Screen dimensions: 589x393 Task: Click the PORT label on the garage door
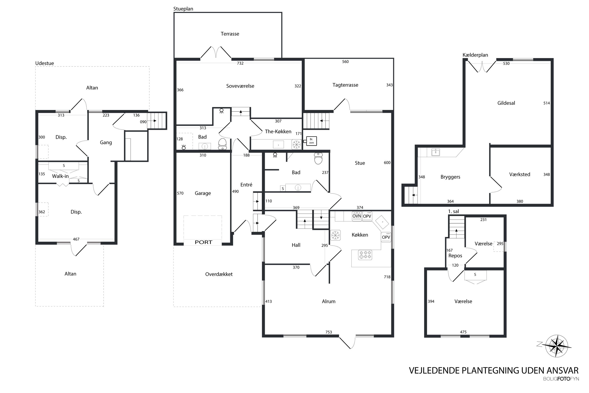pos(203,242)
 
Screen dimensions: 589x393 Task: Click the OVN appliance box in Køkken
pos(357,216)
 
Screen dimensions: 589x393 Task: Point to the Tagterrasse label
pos(345,85)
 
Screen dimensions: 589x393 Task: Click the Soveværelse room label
pos(240,86)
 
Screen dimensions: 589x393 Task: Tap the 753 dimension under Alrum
pos(328,332)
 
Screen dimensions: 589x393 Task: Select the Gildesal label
pos(506,103)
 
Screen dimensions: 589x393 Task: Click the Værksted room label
pos(519,174)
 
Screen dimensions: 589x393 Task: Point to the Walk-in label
pos(60,176)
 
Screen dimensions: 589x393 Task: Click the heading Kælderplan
pos(475,55)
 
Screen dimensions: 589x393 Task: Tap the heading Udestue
pos(45,63)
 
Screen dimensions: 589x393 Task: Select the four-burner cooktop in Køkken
pos(365,255)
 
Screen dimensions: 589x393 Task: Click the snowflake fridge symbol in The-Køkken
pos(297,145)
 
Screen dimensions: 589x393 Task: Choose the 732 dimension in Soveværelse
pos(240,63)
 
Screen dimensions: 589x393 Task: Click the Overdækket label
pos(219,274)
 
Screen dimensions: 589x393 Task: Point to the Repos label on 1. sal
pos(455,256)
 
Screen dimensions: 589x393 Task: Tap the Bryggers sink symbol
pos(436,152)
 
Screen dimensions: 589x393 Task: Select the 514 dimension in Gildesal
pos(546,103)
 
